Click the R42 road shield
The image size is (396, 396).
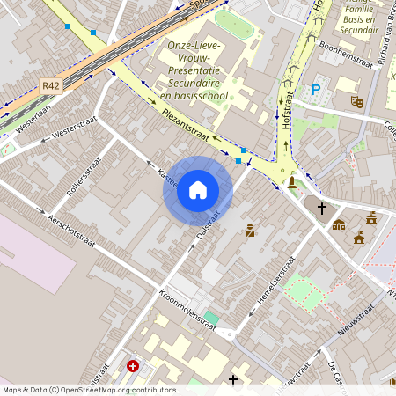[x=50, y=86]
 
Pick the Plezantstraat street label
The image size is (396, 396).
[x=185, y=124]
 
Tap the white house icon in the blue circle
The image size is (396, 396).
[x=198, y=190]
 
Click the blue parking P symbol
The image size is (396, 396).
[x=316, y=89]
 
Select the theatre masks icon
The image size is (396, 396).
[x=357, y=101]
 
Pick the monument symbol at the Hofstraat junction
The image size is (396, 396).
[x=292, y=182]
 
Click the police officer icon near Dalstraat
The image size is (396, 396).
[x=250, y=231]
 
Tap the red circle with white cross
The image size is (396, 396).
[x=133, y=365]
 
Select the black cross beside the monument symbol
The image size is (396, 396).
[x=322, y=209]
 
